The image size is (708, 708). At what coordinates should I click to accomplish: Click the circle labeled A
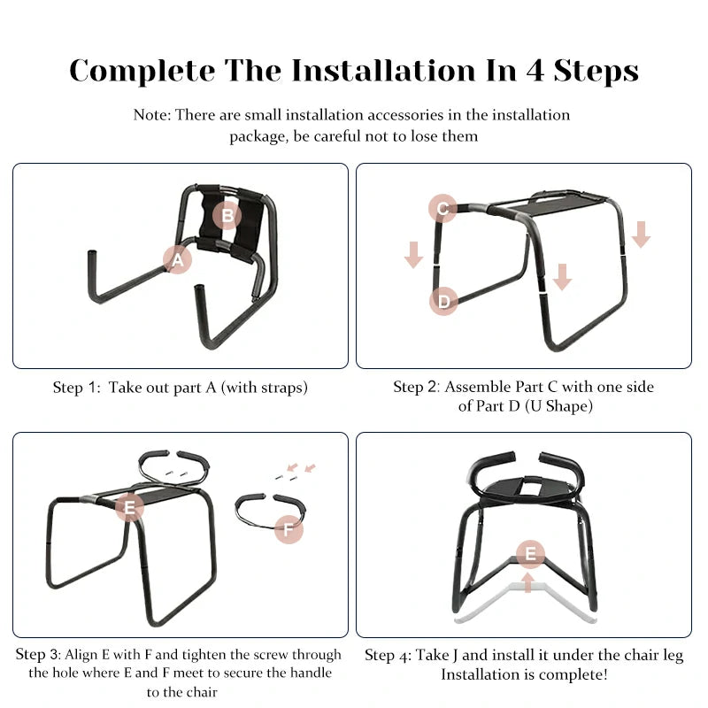click(x=178, y=259)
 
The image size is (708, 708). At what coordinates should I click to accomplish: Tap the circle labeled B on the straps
click(x=227, y=215)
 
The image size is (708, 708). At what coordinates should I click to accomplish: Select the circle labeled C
click(x=442, y=210)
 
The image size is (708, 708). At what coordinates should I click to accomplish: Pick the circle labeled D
click(x=443, y=302)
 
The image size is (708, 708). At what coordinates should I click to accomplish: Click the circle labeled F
click(x=289, y=530)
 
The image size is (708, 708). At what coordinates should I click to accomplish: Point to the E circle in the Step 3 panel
click(x=130, y=507)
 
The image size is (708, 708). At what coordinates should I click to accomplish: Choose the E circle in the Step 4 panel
click(x=530, y=555)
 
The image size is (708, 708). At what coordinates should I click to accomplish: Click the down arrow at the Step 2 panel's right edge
click(x=642, y=235)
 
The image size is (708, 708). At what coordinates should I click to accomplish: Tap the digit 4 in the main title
click(x=535, y=70)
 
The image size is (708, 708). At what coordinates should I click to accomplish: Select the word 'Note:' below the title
click(x=152, y=115)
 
